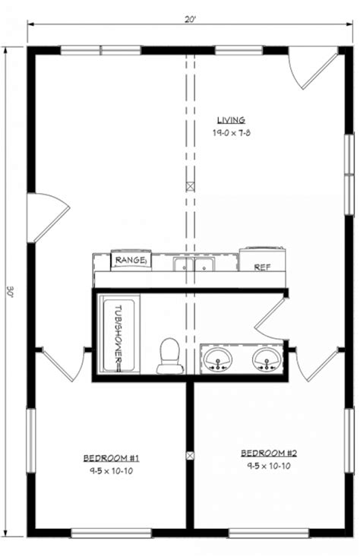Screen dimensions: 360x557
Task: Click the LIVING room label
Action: pos(231,120)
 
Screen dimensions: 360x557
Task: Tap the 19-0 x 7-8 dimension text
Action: pos(232,133)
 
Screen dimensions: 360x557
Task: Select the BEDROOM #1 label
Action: pos(111,458)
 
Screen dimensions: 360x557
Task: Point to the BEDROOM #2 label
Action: pos(269,453)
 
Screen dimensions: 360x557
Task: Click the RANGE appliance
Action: pos(131,260)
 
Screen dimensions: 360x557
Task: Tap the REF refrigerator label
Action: pos(262,267)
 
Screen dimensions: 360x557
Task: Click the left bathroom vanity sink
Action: pos(218,360)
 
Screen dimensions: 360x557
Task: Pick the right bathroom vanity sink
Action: pos(267,360)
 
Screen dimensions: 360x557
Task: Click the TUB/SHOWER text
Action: pos(118,334)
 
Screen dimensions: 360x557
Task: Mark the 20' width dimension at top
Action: pos(191,20)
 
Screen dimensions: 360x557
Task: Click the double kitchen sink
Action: pos(194,264)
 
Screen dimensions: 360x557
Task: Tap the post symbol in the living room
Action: pos(191,186)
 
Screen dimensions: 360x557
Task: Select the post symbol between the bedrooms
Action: pos(191,455)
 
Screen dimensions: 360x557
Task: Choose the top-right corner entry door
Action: pos(313,68)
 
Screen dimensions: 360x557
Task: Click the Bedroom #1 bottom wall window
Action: pos(111,533)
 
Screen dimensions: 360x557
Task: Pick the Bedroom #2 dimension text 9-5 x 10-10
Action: pos(269,466)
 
